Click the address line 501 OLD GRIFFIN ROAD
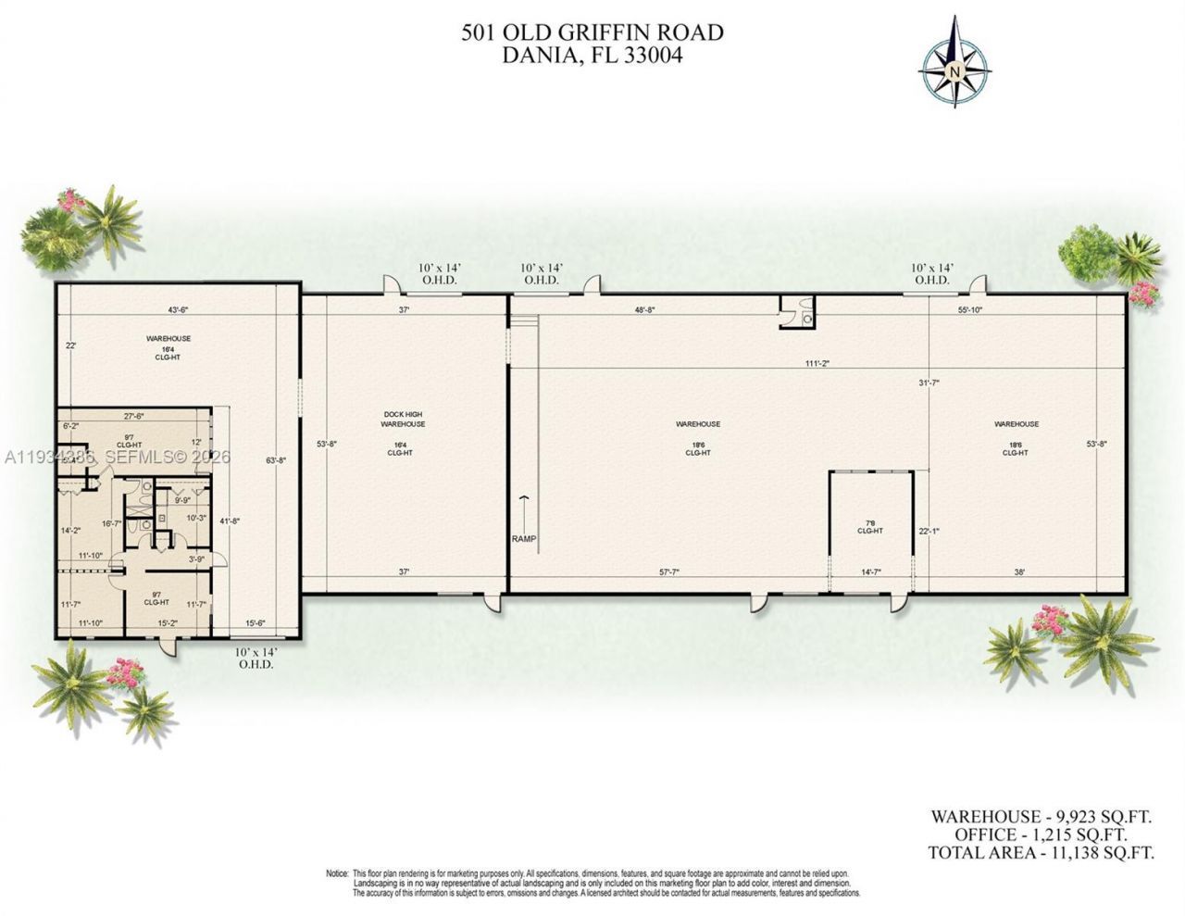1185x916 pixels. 592,33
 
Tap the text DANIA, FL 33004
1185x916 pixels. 592,56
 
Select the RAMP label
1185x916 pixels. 523,539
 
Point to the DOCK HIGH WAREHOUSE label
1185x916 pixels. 403,419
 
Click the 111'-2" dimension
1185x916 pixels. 817,364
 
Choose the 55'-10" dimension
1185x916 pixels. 970,311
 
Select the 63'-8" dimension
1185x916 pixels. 275,459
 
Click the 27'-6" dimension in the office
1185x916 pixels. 136,416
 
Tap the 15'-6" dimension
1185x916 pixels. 255,623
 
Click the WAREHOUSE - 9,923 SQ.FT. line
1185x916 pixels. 1041,816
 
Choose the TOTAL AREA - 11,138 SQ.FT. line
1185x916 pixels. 1042,853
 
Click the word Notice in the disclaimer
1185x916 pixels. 336,873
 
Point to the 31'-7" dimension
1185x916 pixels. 929,383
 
